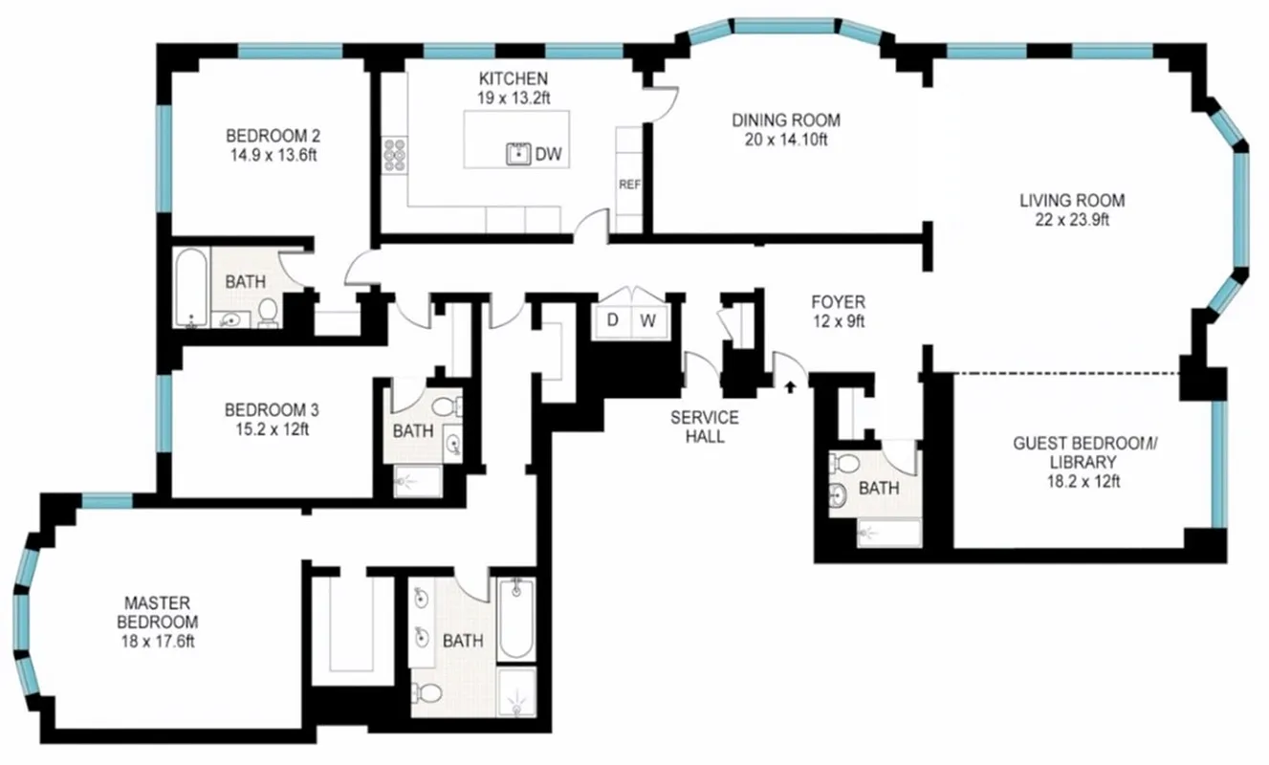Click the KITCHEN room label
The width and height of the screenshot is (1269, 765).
coord(514,78)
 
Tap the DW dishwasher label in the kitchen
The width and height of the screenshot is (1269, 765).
coord(548,154)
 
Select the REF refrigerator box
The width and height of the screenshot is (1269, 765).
coord(628,185)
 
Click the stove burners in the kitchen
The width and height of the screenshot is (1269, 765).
coord(394,155)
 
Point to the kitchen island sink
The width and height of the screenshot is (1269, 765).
coord(518,154)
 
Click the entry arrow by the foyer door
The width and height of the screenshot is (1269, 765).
coord(790,386)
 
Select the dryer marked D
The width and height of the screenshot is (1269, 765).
coord(612,320)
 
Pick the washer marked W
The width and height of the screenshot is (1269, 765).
coord(647,320)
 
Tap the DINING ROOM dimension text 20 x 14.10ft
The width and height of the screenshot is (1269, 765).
coord(786,139)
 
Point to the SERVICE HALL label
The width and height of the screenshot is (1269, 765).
coord(704,426)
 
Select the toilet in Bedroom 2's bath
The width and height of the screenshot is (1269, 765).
coord(269,311)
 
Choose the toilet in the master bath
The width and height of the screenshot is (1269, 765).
coord(429,692)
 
